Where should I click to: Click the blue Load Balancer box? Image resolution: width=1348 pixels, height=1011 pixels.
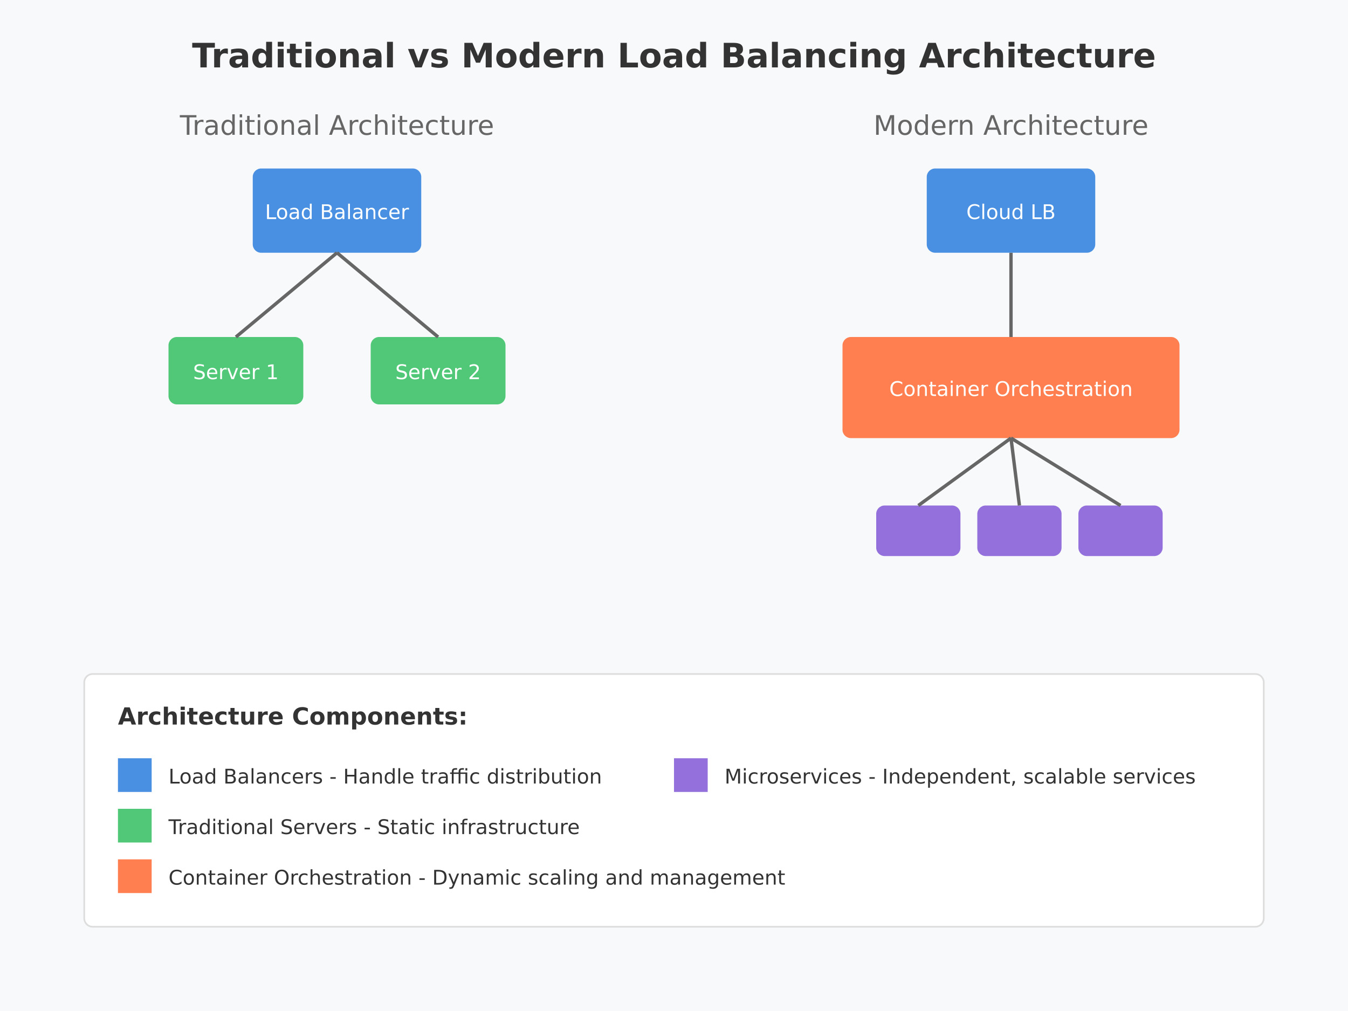click(337, 211)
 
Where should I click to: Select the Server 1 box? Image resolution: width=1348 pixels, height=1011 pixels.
click(236, 370)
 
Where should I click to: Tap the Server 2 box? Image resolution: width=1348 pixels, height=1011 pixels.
click(437, 370)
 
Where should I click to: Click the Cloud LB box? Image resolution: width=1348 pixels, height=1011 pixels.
click(1010, 211)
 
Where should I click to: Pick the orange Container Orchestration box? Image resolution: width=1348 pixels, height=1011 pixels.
click(1010, 388)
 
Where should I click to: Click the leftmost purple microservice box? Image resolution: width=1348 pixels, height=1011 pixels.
click(918, 531)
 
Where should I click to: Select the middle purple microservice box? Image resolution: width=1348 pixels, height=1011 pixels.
click(1019, 531)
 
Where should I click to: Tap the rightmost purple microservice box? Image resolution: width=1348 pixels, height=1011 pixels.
click(1120, 531)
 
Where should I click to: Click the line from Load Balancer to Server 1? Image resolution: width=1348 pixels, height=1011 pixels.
click(286, 295)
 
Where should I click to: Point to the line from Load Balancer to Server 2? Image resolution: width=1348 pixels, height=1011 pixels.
click(388, 295)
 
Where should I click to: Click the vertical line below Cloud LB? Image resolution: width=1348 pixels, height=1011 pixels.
click(1010, 295)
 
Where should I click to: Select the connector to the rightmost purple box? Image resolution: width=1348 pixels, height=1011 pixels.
click(1065, 472)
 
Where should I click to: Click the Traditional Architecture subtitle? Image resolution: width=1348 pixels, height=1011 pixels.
click(336, 126)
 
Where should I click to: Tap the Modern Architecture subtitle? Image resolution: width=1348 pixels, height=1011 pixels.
click(1010, 126)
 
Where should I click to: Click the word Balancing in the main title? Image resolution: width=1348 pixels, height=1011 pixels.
click(814, 57)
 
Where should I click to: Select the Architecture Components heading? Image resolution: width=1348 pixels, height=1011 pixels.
click(292, 717)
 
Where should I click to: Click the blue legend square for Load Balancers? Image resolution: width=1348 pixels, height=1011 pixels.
click(135, 775)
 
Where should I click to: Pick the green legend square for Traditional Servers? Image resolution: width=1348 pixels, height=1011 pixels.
click(135, 826)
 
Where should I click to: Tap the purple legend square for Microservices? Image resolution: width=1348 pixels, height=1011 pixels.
click(691, 775)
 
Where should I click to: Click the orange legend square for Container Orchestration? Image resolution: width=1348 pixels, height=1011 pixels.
click(135, 876)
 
